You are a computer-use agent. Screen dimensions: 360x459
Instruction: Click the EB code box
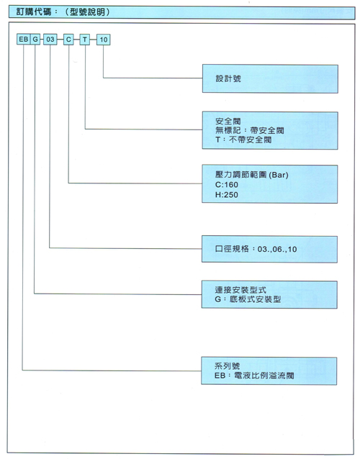pos(24,40)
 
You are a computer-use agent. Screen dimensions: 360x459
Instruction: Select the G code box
pos(35,40)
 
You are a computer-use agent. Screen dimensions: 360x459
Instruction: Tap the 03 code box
pos(50,40)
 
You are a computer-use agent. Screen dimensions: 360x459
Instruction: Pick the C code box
pos(68,40)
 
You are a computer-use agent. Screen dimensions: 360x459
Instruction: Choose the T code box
pos(85,40)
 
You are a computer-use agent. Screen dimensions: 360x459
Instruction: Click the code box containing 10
pos(104,40)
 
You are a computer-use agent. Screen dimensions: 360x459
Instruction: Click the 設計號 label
pos(228,78)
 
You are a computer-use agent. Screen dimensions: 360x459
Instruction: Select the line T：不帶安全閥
pos(243,140)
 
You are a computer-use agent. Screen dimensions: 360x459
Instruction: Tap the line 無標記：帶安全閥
pos(250,130)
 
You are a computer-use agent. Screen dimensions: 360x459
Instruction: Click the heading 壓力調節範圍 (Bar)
pos(251,175)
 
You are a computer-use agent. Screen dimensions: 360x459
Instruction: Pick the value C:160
pos(226,185)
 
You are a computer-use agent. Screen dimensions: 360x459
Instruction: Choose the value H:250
pos(226,195)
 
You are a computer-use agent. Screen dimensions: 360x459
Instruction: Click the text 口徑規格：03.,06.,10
pos(256,249)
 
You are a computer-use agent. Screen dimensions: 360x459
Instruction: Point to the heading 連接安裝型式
pos(240,290)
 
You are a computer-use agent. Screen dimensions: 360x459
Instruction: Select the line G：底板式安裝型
pos(248,299)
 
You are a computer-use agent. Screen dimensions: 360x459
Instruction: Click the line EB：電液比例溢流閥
pos(254,376)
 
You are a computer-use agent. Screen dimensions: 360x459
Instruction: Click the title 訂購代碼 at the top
pos(34,12)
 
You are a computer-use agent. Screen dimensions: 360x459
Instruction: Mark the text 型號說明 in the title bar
pos(88,12)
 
